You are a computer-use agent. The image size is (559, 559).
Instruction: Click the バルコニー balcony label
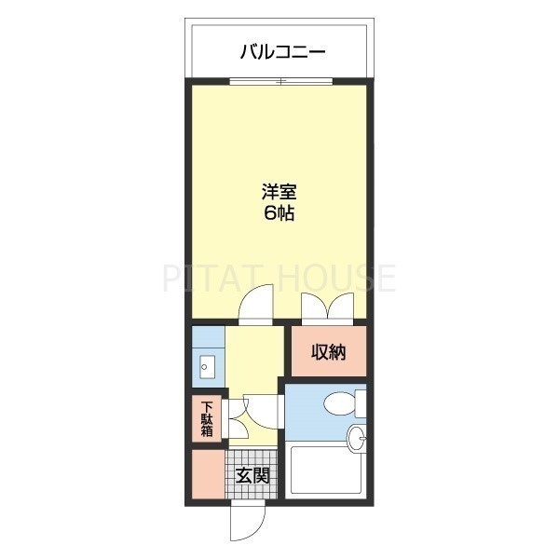coord(282,51)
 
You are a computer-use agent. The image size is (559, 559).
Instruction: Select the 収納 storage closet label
coord(328,352)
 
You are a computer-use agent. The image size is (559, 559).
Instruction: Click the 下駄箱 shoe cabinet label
coord(207,419)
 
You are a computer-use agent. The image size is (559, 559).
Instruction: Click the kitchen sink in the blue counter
coord(207,366)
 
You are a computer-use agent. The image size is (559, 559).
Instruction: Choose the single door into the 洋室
coord(253,307)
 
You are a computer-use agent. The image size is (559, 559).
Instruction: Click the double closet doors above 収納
coord(327,307)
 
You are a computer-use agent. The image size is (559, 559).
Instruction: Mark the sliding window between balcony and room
coord(280,82)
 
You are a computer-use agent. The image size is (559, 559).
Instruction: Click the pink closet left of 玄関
coord(209,474)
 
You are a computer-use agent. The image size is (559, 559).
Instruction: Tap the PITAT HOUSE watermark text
coord(279,278)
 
